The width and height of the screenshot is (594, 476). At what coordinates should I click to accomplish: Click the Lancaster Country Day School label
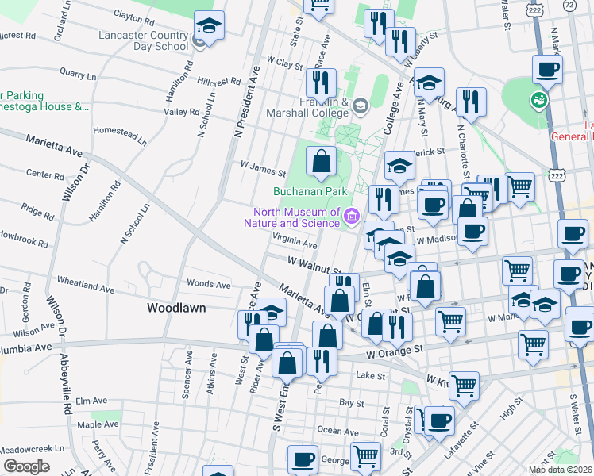(x=143, y=40)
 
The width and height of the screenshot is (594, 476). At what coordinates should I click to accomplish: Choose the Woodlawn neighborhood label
(x=176, y=307)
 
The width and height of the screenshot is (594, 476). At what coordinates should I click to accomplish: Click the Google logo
(x=26, y=466)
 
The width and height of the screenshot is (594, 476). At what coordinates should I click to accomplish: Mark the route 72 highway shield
(x=569, y=5)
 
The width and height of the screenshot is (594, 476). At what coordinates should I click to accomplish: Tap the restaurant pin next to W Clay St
(x=321, y=82)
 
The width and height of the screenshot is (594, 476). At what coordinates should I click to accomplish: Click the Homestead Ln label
(x=120, y=135)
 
